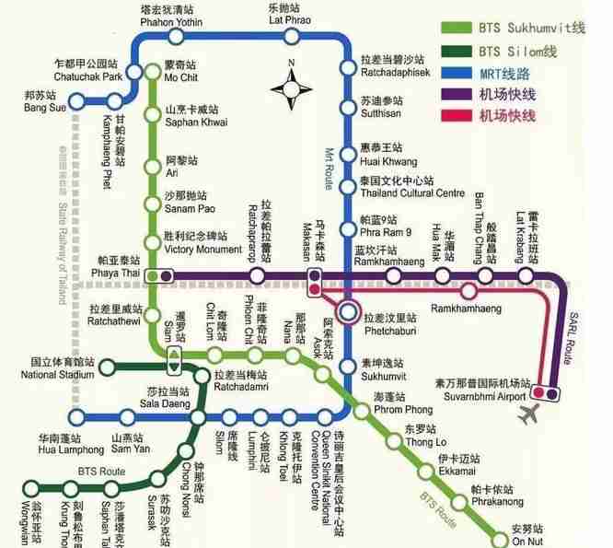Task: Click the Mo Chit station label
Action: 180,73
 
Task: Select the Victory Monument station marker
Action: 154,242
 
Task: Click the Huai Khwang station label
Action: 384,155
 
